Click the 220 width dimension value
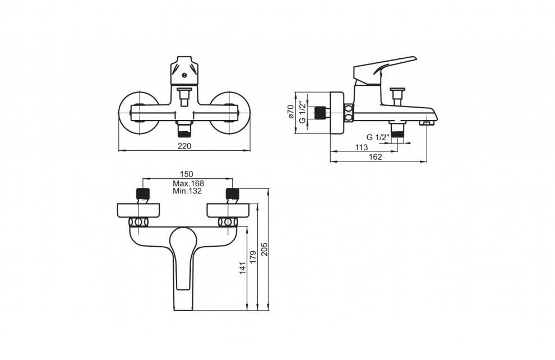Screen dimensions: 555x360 point(184,146)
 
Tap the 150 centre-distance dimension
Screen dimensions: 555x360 point(187,174)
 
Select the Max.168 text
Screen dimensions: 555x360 point(188,184)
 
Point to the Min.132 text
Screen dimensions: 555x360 point(187,191)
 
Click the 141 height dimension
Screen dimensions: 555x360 point(242,268)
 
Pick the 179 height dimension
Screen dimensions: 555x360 point(253,257)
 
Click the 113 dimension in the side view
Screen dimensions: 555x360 point(362,147)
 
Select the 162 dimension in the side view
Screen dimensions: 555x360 point(376,157)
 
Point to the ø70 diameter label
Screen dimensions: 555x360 point(290,112)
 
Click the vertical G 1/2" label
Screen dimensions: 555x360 point(302,112)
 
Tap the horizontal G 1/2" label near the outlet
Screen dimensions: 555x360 point(378,137)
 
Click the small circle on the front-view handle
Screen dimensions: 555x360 point(184,75)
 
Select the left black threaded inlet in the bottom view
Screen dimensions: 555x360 point(143,193)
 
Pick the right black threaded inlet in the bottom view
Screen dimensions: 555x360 point(233,193)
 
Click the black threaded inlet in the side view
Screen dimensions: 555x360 point(320,113)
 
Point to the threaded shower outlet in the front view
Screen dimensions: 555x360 point(184,130)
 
